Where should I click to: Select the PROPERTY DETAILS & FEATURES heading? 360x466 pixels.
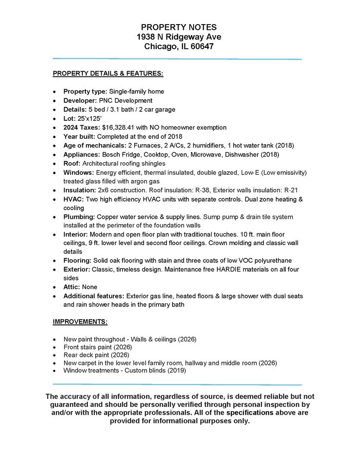click(x=108, y=74)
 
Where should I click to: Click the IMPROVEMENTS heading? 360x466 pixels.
click(x=80, y=322)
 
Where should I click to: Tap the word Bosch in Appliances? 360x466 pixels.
click(x=110, y=154)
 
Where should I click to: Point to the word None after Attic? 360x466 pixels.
click(x=89, y=287)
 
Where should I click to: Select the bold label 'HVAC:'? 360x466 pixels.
click(x=74, y=199)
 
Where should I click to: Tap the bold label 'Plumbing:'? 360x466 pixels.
click(x=79, y=217)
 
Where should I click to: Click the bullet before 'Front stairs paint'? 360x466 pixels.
click(x=54, y=347)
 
